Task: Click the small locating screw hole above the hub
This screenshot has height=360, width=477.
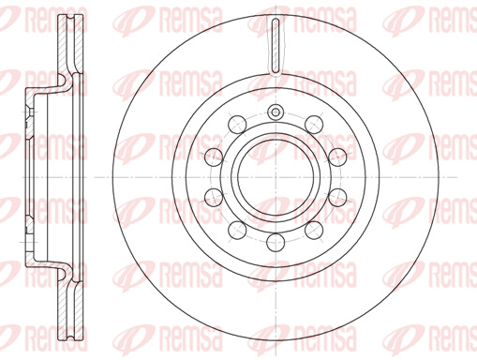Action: [276, 112]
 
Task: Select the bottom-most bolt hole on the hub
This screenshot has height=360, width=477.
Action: [276, 242]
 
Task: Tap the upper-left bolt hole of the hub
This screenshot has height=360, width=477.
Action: [237, 125]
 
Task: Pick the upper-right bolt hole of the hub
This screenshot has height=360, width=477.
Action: [314, 125]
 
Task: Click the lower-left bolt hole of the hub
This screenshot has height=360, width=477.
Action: [237, 230]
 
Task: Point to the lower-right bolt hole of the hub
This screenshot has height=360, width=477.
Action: [314, 230]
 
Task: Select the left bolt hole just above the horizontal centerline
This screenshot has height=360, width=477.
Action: [214, 157]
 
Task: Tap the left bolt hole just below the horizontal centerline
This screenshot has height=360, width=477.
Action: [214, 197]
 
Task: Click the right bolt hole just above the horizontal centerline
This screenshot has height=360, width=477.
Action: [337, 157]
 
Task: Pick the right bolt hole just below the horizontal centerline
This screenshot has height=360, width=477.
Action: [337, 197]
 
